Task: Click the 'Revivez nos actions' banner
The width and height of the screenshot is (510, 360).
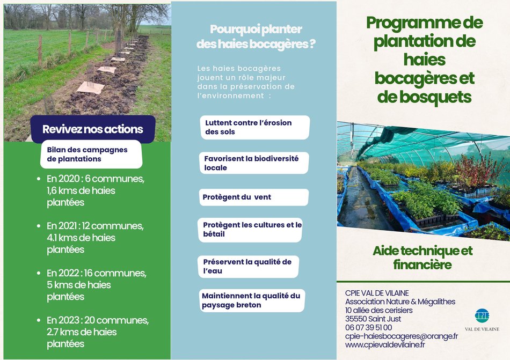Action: point(93,129)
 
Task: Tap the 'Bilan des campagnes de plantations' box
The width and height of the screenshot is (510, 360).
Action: point(91,155)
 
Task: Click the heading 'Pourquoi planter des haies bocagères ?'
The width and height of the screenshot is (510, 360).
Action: point(256,36)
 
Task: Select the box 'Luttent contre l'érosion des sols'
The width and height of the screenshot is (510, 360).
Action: point(255,127)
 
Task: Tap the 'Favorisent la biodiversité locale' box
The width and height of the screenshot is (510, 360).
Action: point(254,163)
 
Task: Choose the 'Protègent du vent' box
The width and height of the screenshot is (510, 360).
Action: point(254,197)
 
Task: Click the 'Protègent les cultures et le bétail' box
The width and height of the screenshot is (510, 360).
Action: point(250,230)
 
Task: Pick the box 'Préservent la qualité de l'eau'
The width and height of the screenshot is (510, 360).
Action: point(248,267)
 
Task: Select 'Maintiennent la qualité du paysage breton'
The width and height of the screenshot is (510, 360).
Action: point(252,300)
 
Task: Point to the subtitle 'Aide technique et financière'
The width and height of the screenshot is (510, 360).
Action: point(422,258)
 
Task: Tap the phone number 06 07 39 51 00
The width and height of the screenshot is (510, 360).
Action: point(368,327)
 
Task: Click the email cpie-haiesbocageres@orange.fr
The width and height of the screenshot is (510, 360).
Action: point(402,336)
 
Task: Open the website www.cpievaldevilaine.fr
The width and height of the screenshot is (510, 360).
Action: point(385,345)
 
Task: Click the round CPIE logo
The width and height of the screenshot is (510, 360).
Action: point(482,315)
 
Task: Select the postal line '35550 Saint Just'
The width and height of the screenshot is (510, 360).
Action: point(373,319)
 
